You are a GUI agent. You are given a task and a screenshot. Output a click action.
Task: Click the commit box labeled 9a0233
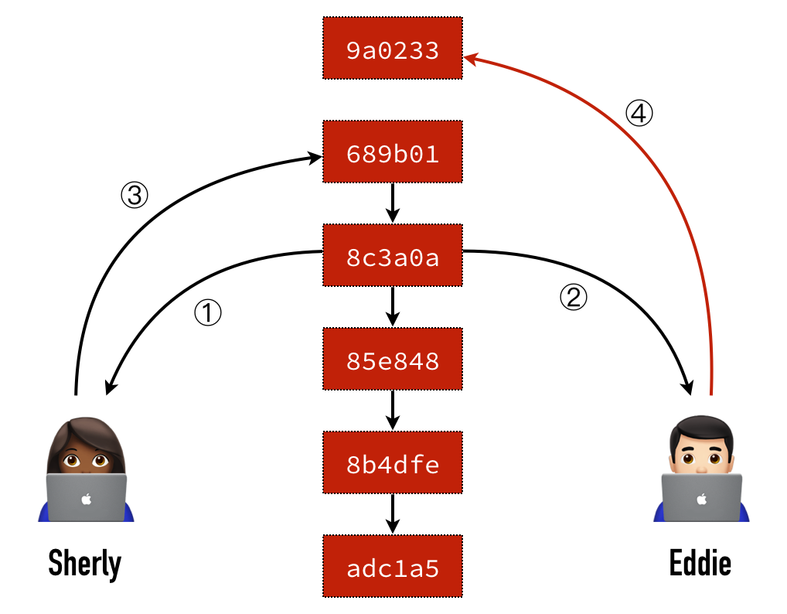392,51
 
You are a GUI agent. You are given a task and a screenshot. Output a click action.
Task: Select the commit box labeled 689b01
392,154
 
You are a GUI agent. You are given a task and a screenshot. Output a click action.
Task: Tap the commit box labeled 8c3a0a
392,258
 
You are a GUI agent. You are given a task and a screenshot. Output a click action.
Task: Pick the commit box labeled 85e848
392,361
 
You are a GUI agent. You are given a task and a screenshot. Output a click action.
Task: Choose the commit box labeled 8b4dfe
392,465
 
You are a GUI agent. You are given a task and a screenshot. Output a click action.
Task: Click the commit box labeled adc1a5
392,568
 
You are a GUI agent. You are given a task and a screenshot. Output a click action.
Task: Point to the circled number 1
207,312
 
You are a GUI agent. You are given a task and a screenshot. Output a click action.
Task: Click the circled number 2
574,298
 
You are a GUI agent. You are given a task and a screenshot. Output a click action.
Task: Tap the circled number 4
639,114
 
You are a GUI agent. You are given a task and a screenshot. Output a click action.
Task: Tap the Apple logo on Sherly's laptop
86,499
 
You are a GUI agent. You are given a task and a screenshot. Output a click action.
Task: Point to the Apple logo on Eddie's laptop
701,499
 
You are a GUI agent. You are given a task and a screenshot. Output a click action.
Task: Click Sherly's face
86,455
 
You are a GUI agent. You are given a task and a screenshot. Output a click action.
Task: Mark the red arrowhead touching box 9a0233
472,56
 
